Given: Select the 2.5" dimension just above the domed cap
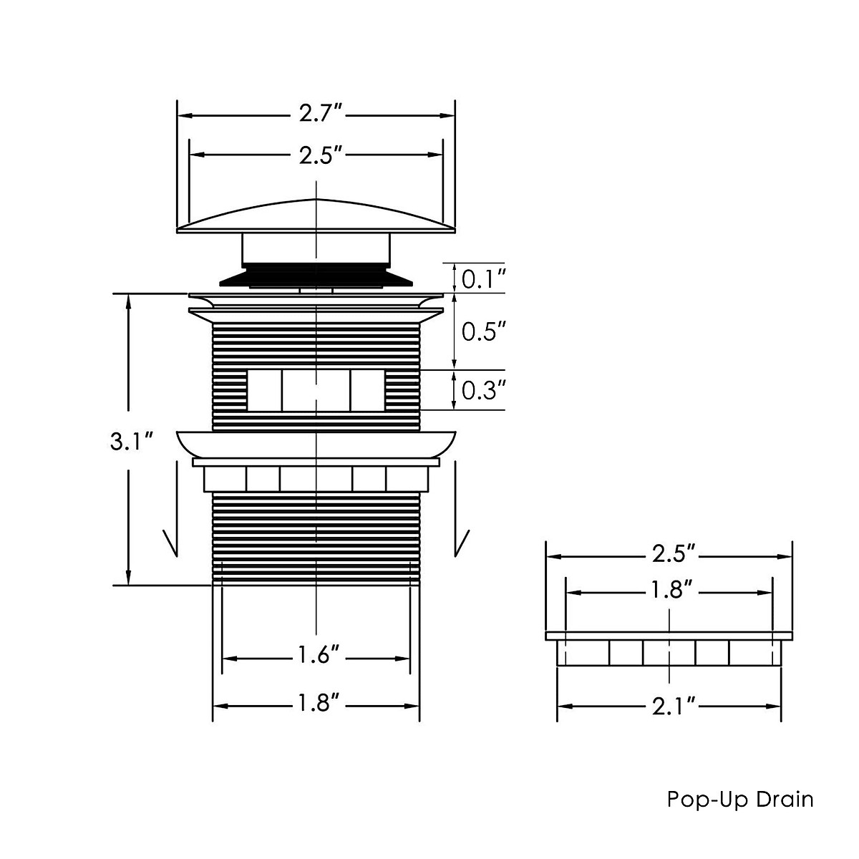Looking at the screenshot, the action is (x=320, y=155).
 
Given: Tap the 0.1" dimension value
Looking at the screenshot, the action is (x=484, y=280).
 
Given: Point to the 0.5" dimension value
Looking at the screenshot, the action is (x=484, y=332).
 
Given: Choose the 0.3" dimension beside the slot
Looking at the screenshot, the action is (x=484, y=391).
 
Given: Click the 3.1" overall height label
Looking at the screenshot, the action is (x=132, y=442).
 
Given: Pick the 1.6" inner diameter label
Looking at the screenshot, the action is (x=319, y=655).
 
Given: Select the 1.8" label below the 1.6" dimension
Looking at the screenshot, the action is (x=319, y=704).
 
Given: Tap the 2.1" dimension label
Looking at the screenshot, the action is (x=674, y=706).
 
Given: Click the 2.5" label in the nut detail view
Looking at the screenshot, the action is (x=674, y=554).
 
